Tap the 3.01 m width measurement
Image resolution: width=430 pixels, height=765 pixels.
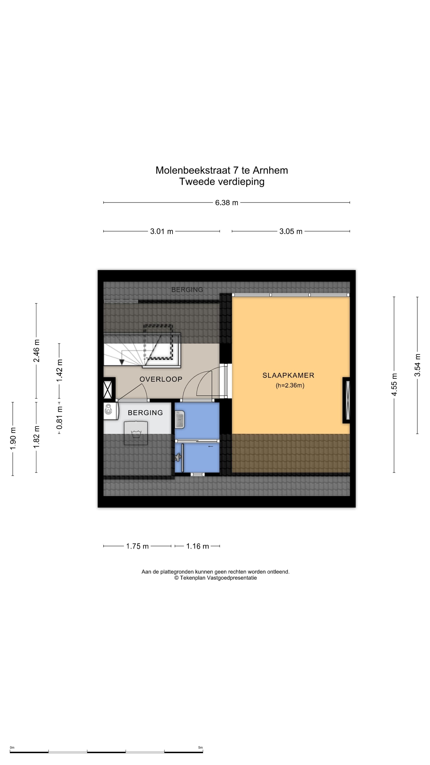click(x=161, y=231)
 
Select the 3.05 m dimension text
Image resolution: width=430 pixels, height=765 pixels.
click(x=291, y=231)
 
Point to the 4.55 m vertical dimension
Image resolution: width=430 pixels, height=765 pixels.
click(x=394, y=384)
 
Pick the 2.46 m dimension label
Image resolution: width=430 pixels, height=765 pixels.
click(x=36, y=351)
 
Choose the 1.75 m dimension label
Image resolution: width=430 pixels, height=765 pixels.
click(x=137, y=546)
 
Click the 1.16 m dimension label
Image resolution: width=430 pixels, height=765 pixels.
click(x=198, y=546)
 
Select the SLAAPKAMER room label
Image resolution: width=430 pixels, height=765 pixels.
click(x=288, y=375)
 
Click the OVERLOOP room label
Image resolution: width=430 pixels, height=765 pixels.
click(x=161, y=379)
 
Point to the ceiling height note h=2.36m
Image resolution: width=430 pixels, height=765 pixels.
click(x=290, y=385)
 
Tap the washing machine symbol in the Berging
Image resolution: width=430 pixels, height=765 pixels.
click(x=136, y=433)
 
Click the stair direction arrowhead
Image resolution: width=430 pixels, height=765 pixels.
click(x=122, y=362)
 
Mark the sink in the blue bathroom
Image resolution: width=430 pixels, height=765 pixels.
click(x=180, y=419)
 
